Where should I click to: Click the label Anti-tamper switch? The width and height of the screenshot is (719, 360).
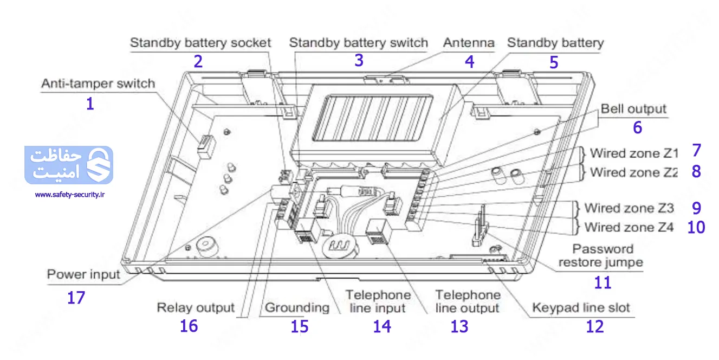[x=98, y=84]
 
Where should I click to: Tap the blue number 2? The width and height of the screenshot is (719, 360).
[x=198, y=61]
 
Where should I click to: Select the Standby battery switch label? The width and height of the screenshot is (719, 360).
[x=358, y=43]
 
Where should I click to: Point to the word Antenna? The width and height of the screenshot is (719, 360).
[x=469, y=43]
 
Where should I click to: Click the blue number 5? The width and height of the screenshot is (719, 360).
[x=553, y=62]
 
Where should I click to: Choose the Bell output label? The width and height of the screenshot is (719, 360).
[x=633, y=109]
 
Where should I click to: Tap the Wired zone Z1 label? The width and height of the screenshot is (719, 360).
[x=633, y=153]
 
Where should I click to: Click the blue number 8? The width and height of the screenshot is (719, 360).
[x=696, y=171]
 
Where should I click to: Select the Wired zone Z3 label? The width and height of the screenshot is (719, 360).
[x=629, y=208]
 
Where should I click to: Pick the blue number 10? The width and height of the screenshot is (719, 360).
[x=696, y=227]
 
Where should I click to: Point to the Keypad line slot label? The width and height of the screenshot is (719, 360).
[x=581, y=308]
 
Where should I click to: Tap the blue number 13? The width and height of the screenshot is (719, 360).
[x=459, y=326]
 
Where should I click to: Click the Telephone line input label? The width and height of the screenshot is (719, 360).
[x=378, y=301]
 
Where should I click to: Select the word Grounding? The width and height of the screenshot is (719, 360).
[x=297, y=308]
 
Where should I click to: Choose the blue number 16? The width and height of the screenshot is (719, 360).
[x=189, y=326]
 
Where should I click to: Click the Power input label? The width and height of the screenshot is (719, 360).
[x=83, y=274]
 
